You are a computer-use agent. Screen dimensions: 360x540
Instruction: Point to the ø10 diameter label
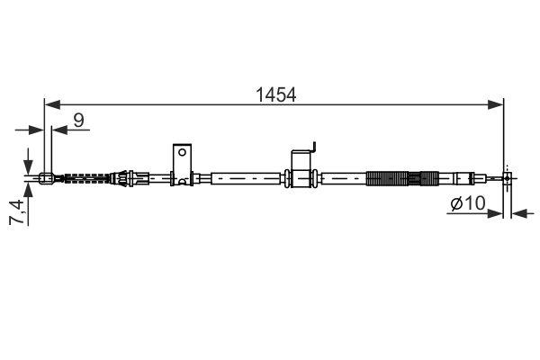[467, 204]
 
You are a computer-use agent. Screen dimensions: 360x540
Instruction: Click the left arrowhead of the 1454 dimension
[49, 104]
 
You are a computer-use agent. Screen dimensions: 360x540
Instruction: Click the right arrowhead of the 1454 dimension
[499, 104]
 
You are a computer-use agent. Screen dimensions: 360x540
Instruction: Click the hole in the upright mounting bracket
[182, 152]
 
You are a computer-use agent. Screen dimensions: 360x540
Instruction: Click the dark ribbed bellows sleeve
[394, 177]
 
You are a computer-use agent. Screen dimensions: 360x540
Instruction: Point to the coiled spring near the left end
[85, 177]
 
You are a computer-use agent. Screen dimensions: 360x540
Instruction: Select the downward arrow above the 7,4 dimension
[30, 157]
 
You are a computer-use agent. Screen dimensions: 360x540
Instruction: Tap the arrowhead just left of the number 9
[58, 129]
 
